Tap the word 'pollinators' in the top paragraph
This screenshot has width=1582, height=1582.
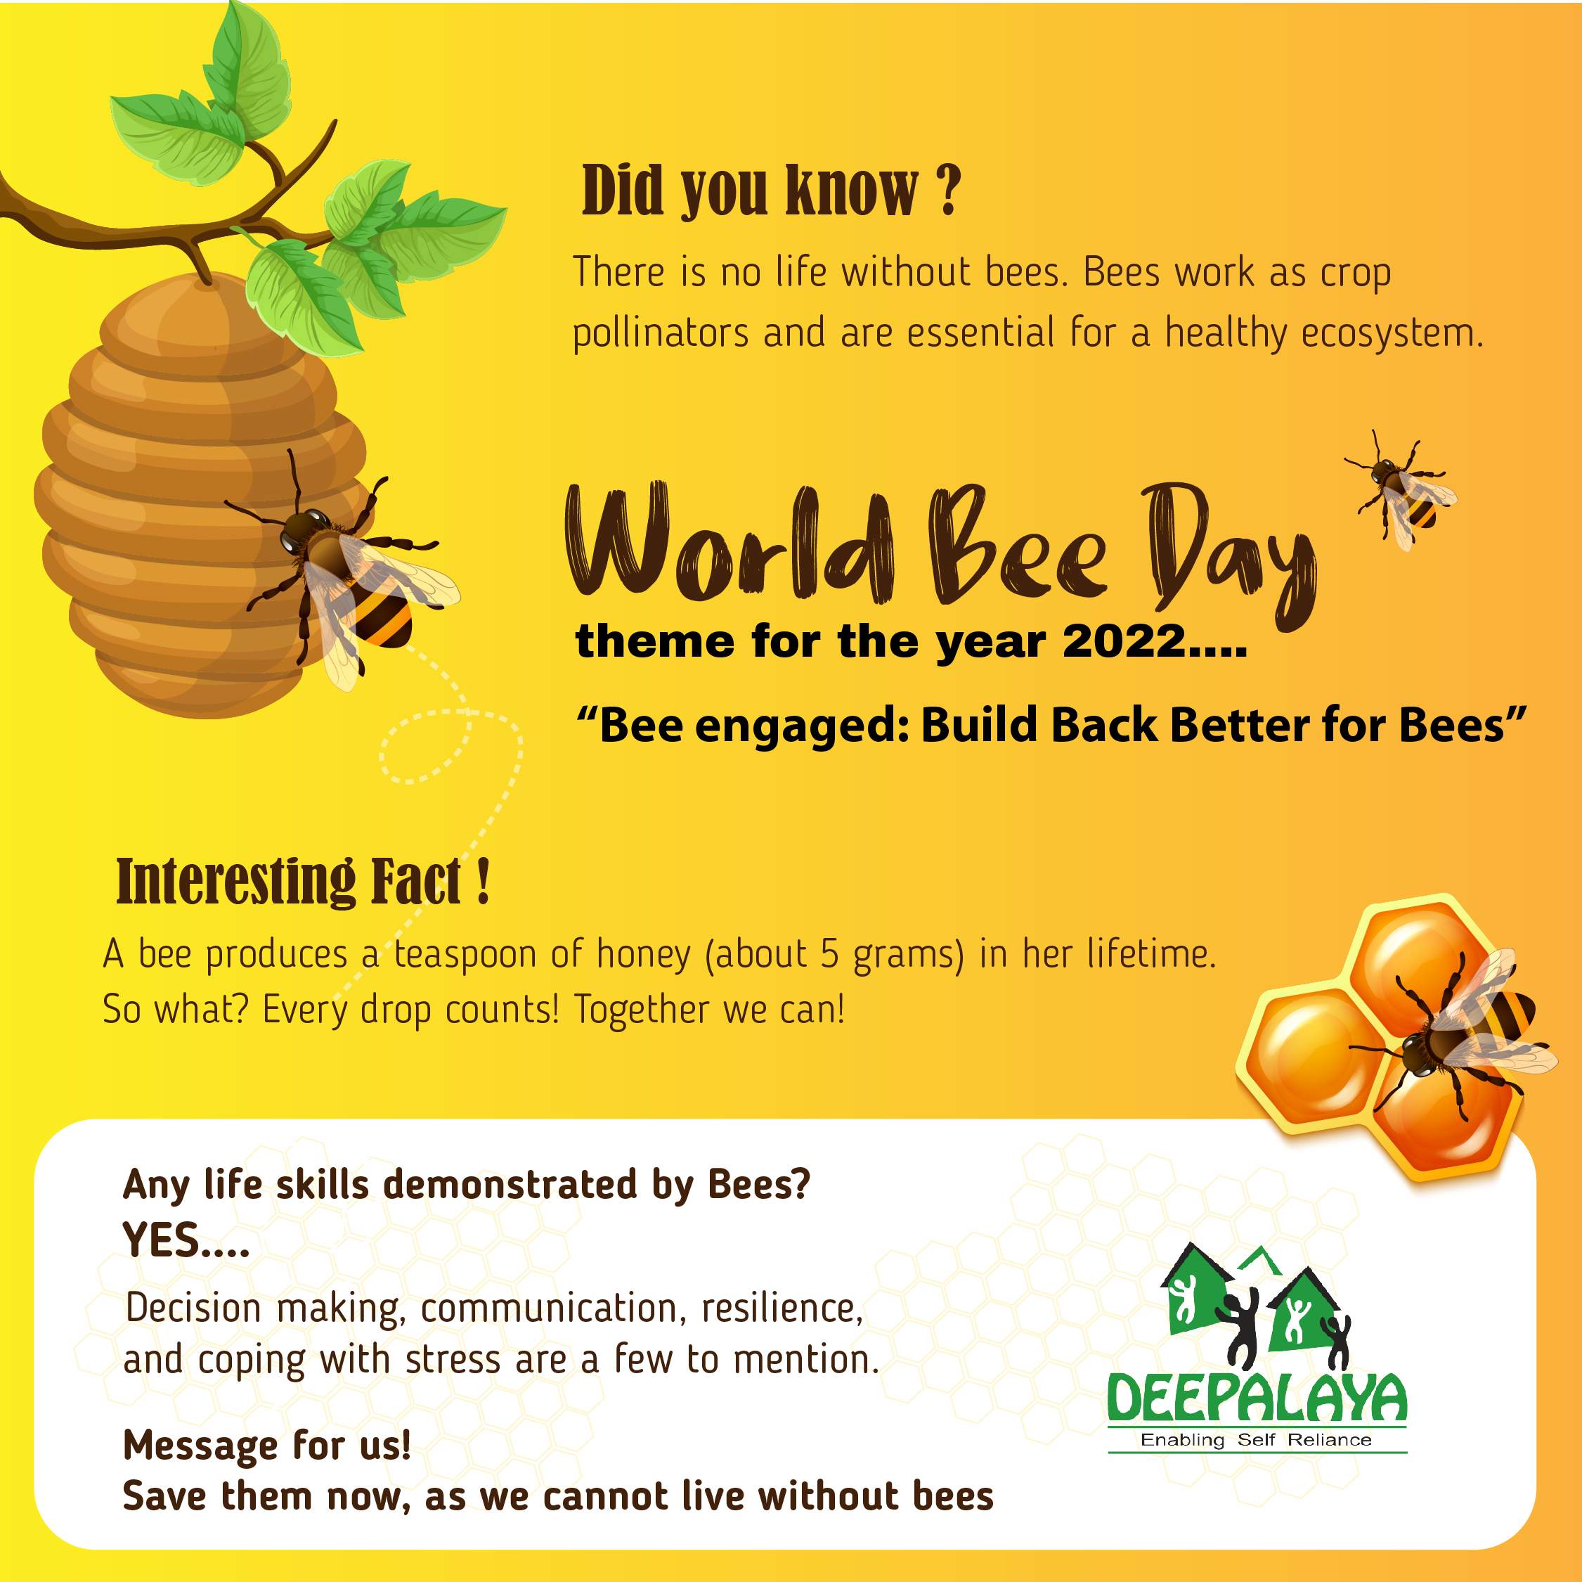pyautogui.click(x=660, y=334)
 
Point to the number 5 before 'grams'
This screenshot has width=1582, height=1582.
pyautogui.click(x=829, y=954)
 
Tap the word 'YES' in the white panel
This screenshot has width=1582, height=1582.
pyautogui.click(x=160, y=1240)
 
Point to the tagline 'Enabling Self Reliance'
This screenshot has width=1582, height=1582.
pyautogui.click(x=1256, y=1439)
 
